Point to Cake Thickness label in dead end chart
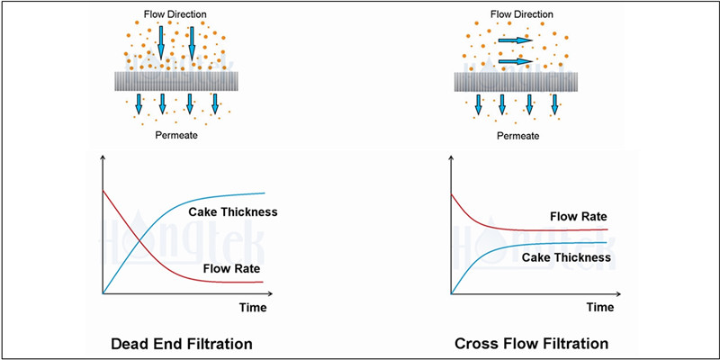point(232,212)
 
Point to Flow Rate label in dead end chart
point(226,267)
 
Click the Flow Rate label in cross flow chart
point(576,217)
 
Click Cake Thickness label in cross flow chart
point(567,257)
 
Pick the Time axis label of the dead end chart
point(252,307)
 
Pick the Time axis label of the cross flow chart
point(599,307)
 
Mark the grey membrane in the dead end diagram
point(175,79)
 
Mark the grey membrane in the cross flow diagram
point(516,79)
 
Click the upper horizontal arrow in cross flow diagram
point(512,40)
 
